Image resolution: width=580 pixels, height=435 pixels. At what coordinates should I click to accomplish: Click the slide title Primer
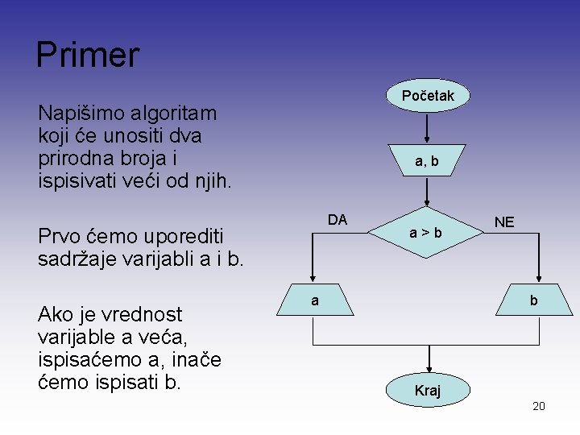point(88,56)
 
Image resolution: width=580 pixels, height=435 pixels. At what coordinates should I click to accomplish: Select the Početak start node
point(428,96)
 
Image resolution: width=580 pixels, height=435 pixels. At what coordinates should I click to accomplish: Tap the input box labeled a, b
point(427,161)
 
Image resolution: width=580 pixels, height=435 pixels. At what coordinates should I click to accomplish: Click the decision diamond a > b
point(425,233)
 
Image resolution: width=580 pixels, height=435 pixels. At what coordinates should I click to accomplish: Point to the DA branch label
point(338,219)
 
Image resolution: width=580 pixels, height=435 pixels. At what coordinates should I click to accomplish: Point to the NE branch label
point(504,222)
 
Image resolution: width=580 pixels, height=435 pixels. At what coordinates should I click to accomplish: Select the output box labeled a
point(315,300)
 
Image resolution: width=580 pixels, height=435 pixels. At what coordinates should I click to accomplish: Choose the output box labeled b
point(532,300)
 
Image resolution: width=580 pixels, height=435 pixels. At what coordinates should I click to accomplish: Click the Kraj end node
point(427,391)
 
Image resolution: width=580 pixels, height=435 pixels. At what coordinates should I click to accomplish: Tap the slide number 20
point(539,406)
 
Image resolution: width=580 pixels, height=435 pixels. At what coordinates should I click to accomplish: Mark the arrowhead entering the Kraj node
point(428,370)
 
